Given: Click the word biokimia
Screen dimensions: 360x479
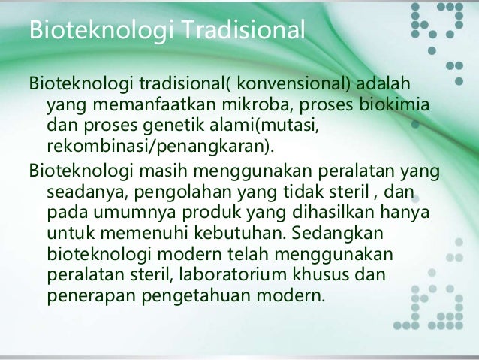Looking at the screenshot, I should (x=396, y=101).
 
